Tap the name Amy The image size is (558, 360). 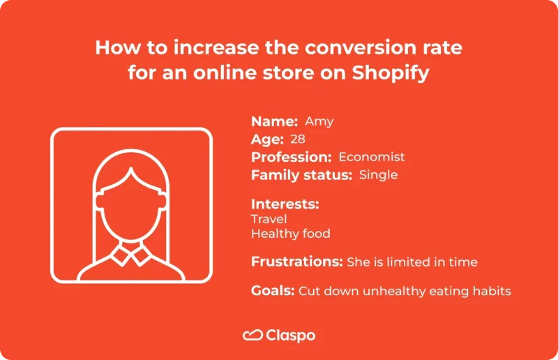tap(319, 121)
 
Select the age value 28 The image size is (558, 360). tap(298, 139)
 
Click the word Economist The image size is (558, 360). tap(372, 157)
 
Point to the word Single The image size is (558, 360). tap(378, 175)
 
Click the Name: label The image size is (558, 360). tap(275, 121)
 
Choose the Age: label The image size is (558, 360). tap(267, 139)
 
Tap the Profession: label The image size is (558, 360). tap(291, 157)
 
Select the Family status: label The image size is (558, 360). tap(301, 175)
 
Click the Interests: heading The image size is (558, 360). tap(285, 204)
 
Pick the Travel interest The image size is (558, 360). tap(269, 219)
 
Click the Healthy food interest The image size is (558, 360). tap(291, 234)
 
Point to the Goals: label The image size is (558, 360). tap(273, 291)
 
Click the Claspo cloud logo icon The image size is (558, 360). tap(252, 336)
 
